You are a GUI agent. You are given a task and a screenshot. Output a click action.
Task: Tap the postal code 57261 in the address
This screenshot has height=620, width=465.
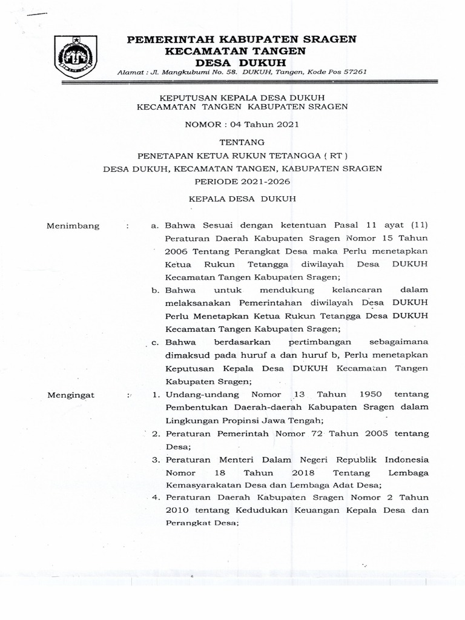pyautogui.click(x=352, y=72)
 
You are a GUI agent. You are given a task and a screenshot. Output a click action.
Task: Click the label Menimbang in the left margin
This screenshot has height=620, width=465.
pyautogui.click(x=73, y=226)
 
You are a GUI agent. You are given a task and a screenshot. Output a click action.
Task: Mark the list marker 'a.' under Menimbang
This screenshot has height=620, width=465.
pyautogui.click(x=154, y=226)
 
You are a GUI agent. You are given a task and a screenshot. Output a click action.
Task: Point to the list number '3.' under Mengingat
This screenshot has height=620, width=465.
pyautogui.click(x=154, y=460)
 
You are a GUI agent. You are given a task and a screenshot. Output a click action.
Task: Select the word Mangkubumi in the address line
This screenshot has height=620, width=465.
pyautogui.click(x=181, y=72)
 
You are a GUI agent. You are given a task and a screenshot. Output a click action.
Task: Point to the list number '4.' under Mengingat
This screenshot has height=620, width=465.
pyautogui.click(x=154, y=498)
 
